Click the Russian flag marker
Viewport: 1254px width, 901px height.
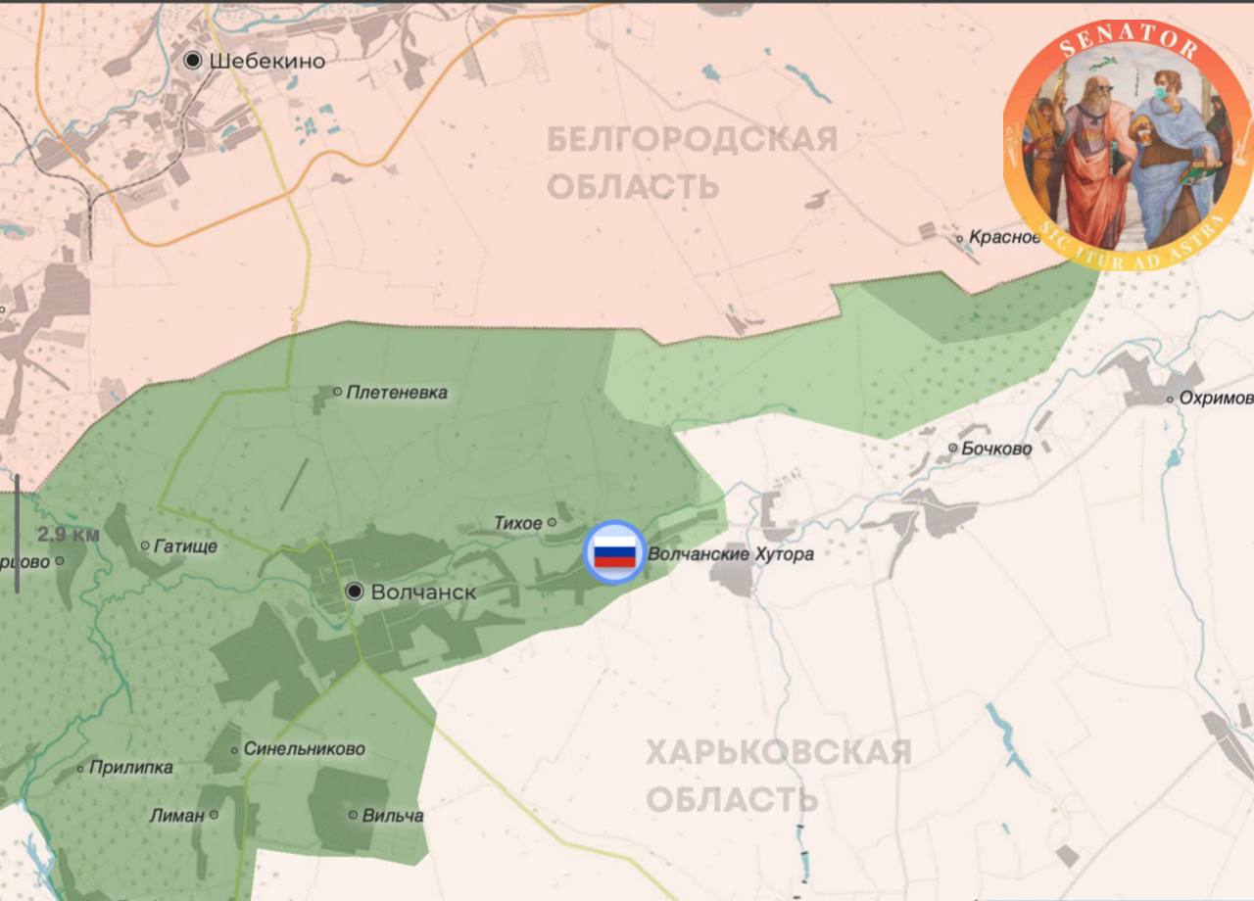(614, 552)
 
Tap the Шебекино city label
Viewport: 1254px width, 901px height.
(266, 61)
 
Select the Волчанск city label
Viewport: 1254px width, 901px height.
(423, 592)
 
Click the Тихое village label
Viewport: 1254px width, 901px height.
(517, 523)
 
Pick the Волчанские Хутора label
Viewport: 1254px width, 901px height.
(731, 554)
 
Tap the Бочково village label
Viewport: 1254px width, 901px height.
(996, 449)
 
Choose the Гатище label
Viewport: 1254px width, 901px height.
(185, 545)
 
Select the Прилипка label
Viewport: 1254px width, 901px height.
(130, 768)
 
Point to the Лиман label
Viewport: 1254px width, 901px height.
(177, 815)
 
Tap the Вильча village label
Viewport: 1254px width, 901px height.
(393, 815)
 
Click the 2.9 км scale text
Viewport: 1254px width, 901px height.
(69, 535)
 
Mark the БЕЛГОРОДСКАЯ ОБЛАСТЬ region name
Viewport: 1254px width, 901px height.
(691, 162)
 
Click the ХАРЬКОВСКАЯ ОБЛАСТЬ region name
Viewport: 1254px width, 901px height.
(778, 776)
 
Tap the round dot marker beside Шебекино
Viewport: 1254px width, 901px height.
(194, 61)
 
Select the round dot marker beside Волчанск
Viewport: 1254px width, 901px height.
(355, 592)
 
